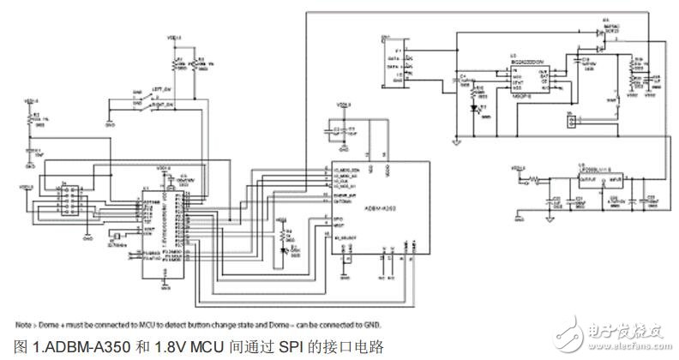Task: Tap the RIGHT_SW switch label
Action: pyautogui.click(x=165, y=104)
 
